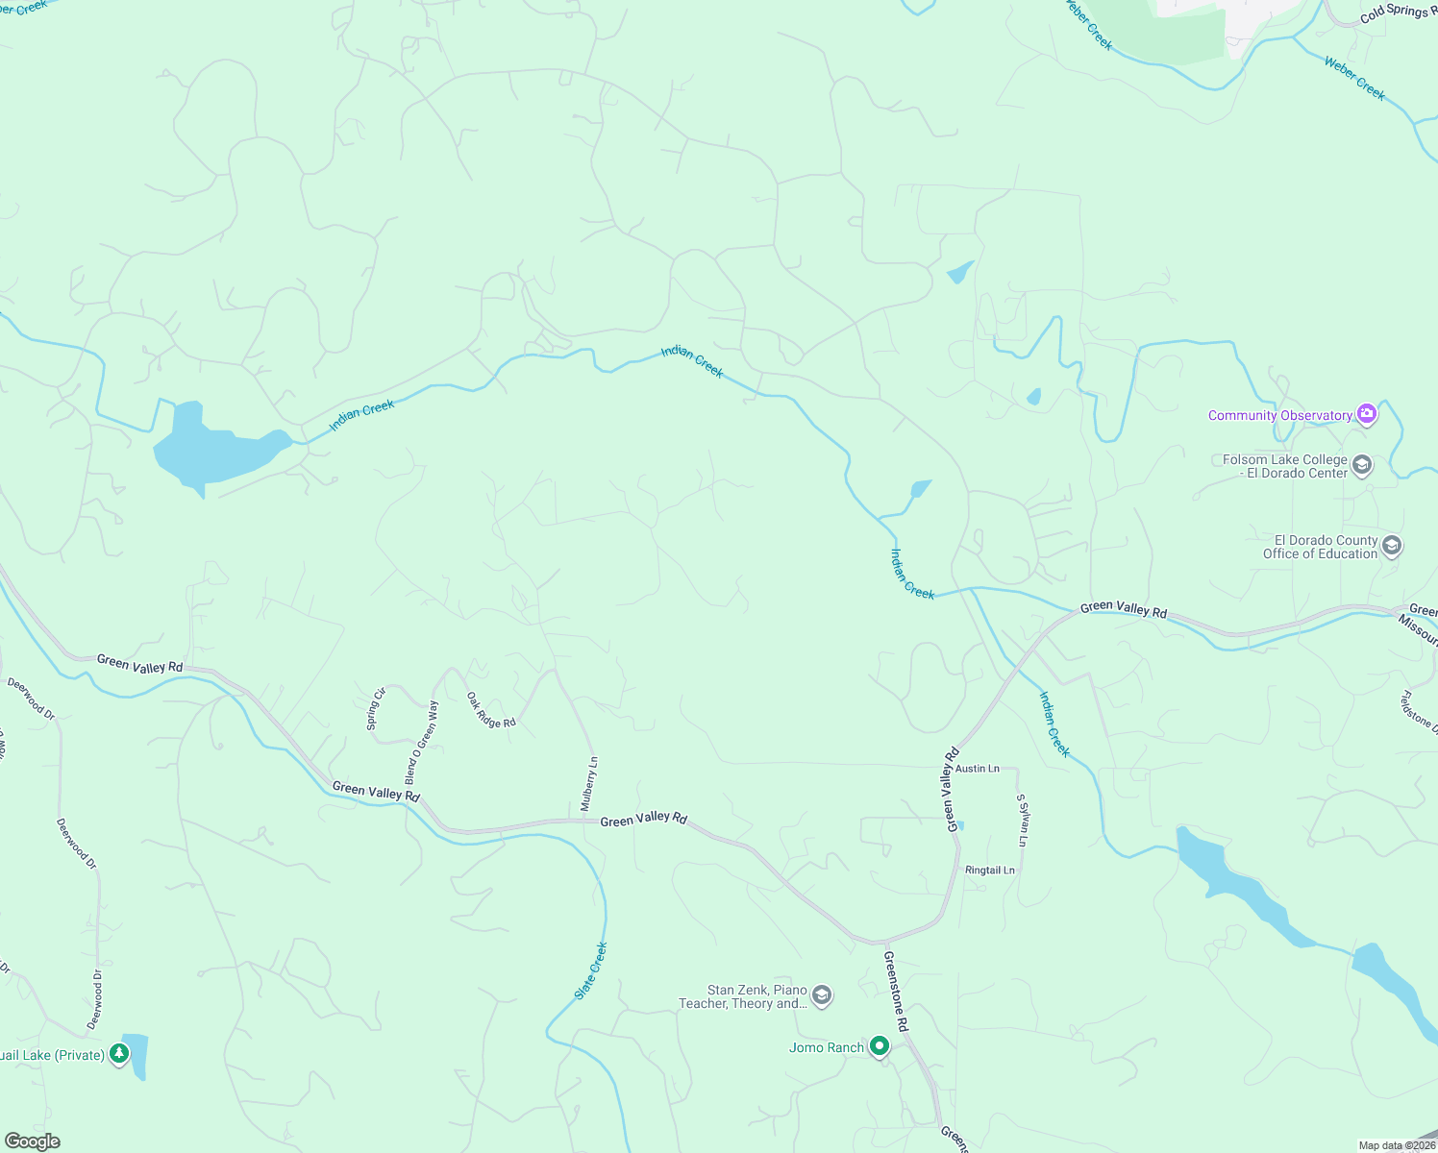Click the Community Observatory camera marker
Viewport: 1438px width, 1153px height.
point(1367,414)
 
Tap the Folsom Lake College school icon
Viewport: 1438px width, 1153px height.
point(1361,466)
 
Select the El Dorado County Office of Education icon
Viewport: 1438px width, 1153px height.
point(1392,547)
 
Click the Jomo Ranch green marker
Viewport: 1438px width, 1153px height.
point(880,1046)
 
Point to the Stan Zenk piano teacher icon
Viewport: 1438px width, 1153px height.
point(822,995)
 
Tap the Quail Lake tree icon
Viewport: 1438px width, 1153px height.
point(119,1055)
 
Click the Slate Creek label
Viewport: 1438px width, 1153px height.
point(591,970)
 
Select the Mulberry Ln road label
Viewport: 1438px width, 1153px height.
point(589,784)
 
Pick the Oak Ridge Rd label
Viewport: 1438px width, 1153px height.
point(491,710)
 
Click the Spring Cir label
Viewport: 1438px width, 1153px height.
point(376,709)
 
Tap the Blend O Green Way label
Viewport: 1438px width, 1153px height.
point(421,742)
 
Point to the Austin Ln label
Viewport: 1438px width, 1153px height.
point(977,769)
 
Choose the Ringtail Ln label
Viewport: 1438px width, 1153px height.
point(989,871)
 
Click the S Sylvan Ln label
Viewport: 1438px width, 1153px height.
point(1022,821)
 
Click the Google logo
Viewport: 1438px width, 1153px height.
point(32,1141)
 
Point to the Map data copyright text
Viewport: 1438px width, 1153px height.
point(1396,1145)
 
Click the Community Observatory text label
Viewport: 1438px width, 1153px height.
point(1279,415)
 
